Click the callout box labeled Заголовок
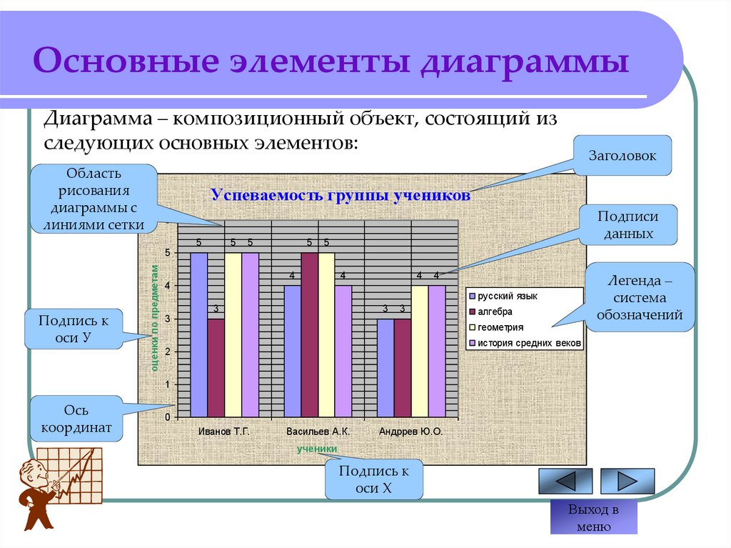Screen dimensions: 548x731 point(622,155)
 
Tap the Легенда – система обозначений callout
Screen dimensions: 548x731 point(639,297)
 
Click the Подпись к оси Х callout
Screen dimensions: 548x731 point(373,479)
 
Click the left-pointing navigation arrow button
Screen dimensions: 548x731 point(565,481)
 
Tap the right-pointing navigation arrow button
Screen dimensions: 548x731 point(627,481)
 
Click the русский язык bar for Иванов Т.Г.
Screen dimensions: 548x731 point(198,334)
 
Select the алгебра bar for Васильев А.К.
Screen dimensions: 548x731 point(309,334)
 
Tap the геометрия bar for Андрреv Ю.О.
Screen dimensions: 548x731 point(420,351)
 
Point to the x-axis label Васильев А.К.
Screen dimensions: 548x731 point(318,432)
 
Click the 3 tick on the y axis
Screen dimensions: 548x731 point(168,319)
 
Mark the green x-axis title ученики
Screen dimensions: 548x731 point(317,448)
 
